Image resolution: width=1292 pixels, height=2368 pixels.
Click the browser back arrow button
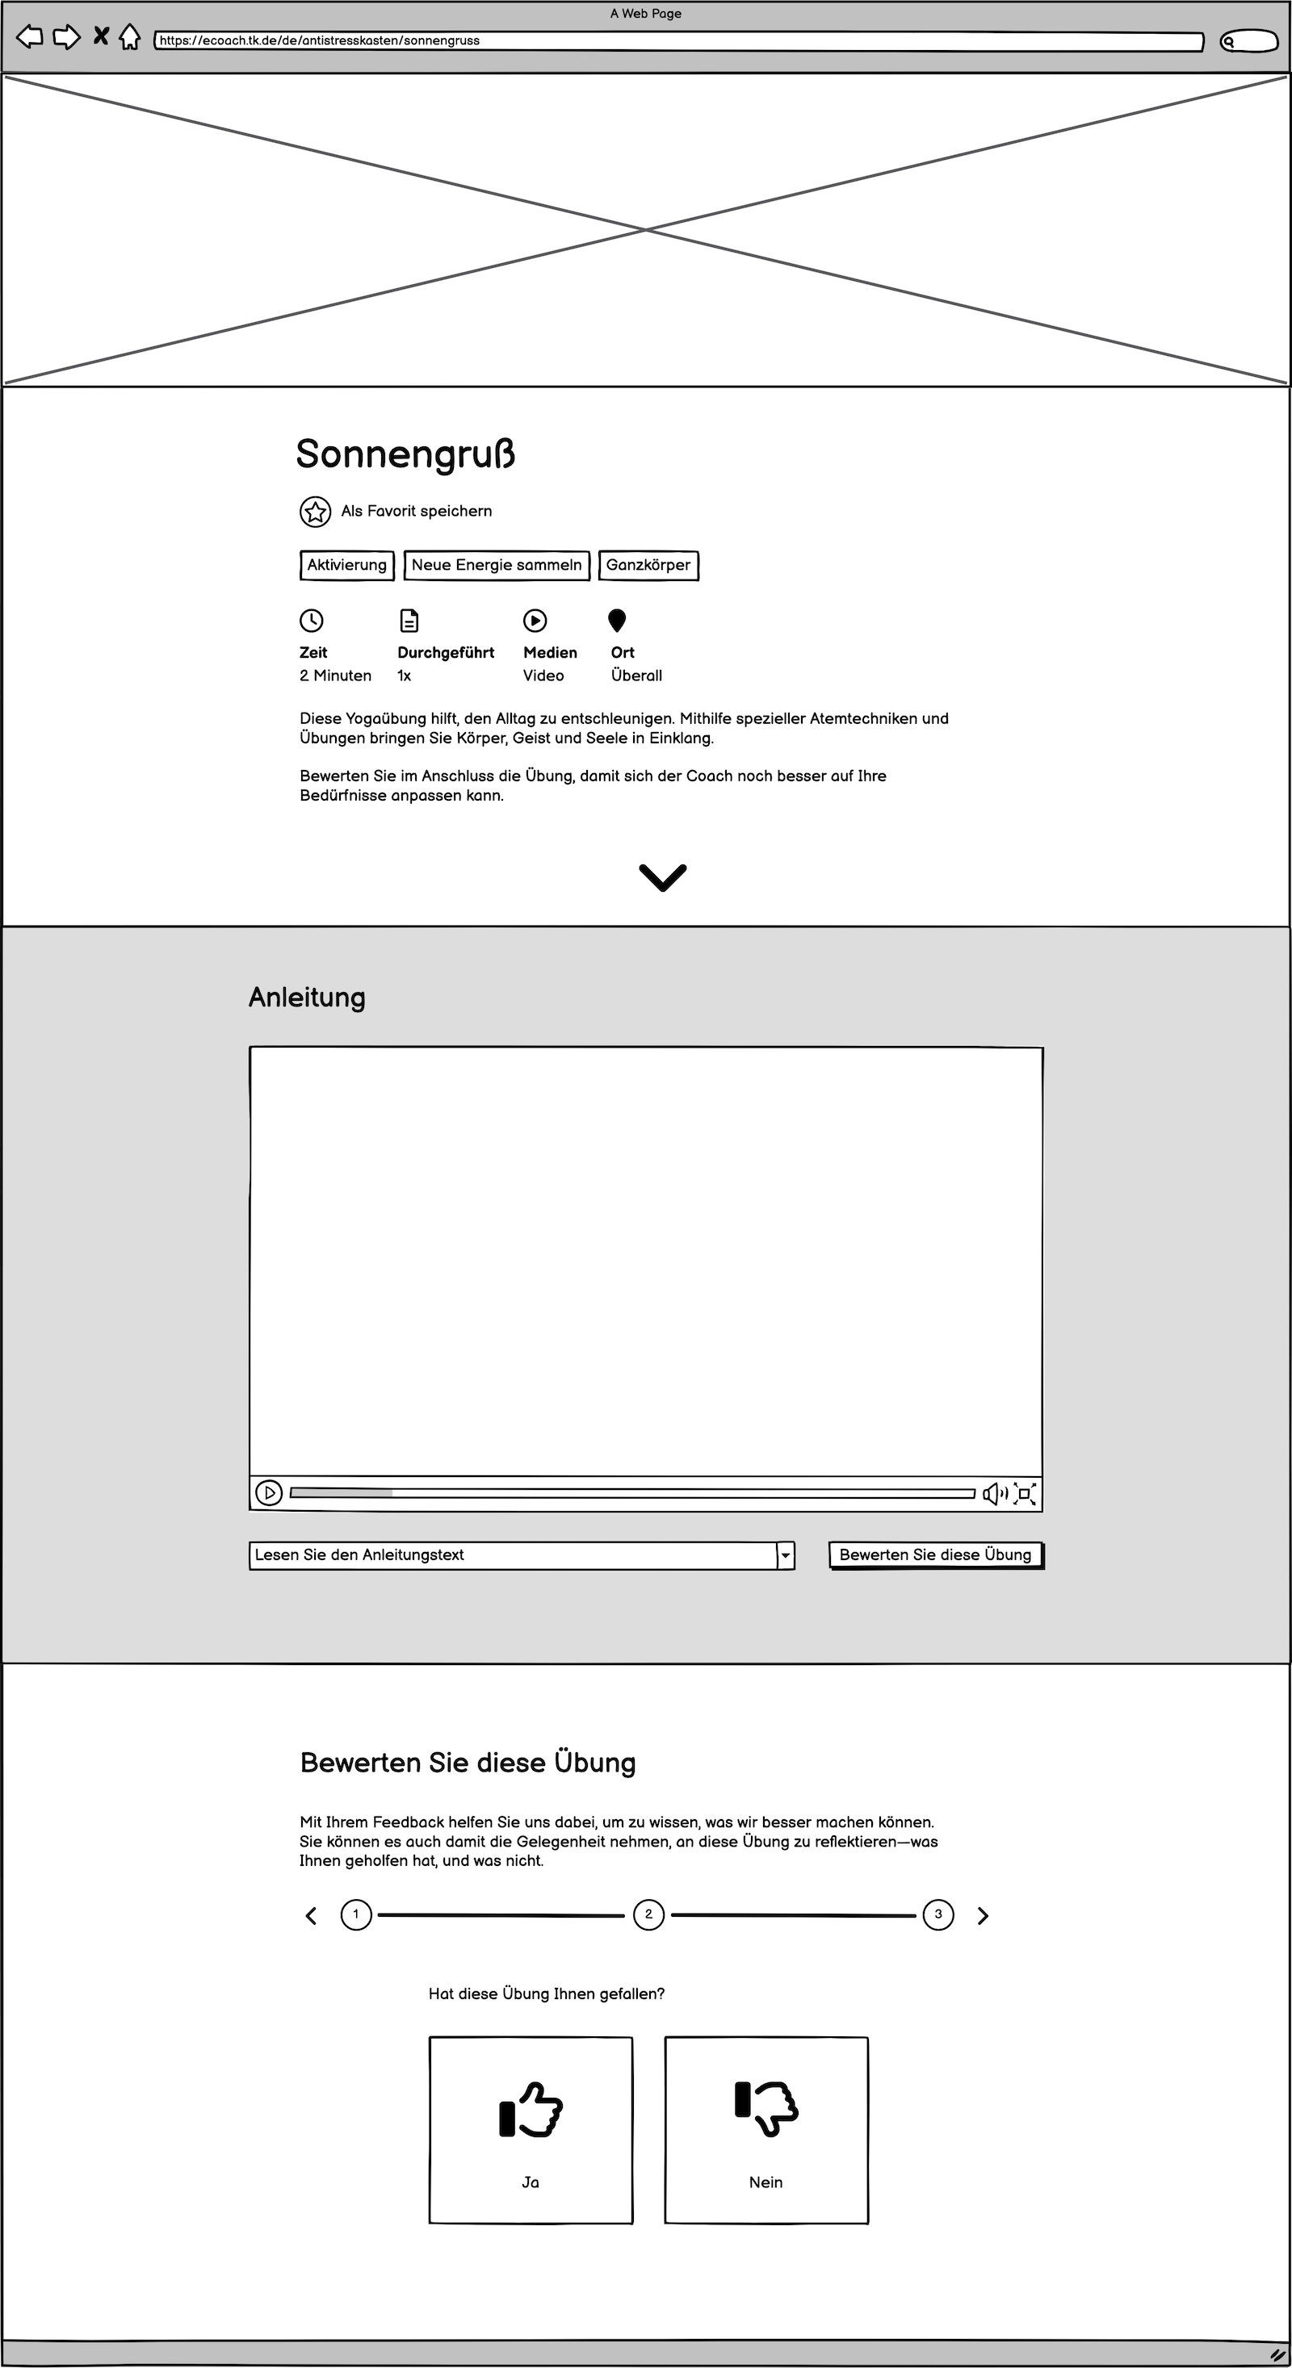coord(29,38)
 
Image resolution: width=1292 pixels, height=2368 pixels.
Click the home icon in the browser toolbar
coord(130,38)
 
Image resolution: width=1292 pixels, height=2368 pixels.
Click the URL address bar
coord(678,41)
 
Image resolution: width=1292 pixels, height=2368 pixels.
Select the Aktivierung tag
coord(346,565)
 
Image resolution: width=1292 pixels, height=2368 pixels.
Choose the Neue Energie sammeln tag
coord(497,565)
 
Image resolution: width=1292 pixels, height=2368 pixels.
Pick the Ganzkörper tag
coord(648,565)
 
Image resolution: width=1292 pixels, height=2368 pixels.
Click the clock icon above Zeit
coord(312,621)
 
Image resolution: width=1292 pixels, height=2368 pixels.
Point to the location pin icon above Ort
coord(617,621)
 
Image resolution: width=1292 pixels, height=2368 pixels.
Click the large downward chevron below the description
coord(662,877)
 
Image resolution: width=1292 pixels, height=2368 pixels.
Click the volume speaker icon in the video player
coord(994,1493)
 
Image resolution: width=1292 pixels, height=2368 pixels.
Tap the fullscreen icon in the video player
coord(1025,1493)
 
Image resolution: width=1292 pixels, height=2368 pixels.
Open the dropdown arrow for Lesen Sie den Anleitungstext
coord(786,1555)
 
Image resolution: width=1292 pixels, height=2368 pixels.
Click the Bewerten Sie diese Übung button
coord(935,1555)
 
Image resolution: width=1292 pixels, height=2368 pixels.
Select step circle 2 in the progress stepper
coord(648,1914)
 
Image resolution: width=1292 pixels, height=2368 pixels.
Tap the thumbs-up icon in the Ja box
coord(531,2110)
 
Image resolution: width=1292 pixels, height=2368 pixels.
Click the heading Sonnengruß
coord(405,454)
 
